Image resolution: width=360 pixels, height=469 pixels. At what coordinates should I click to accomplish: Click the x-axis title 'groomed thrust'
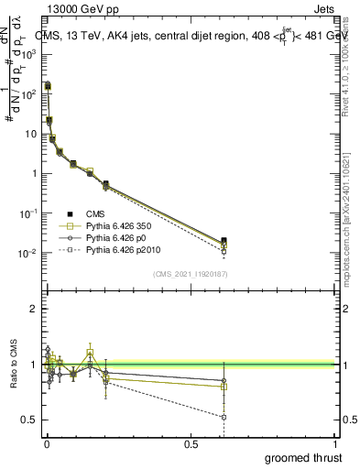(302, 457)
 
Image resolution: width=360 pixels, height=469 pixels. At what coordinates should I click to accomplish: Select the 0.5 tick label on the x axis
(191, 443)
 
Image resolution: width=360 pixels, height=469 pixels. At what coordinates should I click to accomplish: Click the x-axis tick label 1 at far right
(334, 443)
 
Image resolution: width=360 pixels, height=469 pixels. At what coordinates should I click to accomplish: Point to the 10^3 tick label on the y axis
(27, 54)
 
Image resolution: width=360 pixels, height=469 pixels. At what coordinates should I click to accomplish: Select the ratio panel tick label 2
(33, 310)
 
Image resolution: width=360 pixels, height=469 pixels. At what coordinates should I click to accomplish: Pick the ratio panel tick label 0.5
(28, 420)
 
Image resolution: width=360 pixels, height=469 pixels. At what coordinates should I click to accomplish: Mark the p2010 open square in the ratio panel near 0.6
(224, 417)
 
